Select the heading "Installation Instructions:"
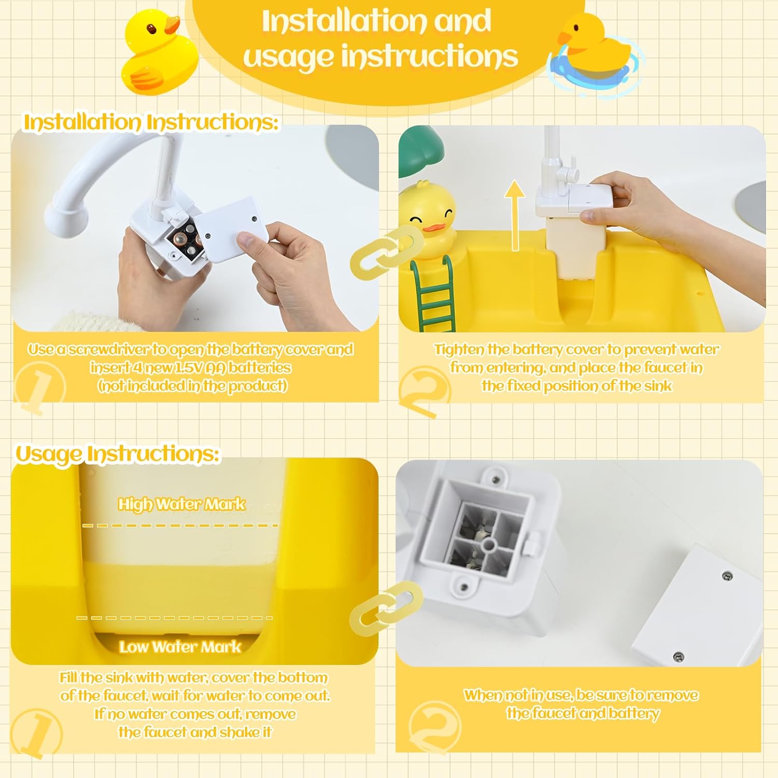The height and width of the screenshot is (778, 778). point(151,122)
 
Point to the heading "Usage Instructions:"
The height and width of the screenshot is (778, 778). point(118,453)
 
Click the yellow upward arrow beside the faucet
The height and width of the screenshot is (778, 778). point(515,216)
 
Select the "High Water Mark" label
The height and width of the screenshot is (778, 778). point(182,504)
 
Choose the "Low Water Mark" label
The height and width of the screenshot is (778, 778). point(180,647)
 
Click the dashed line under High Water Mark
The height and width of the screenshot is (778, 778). point(180,525)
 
